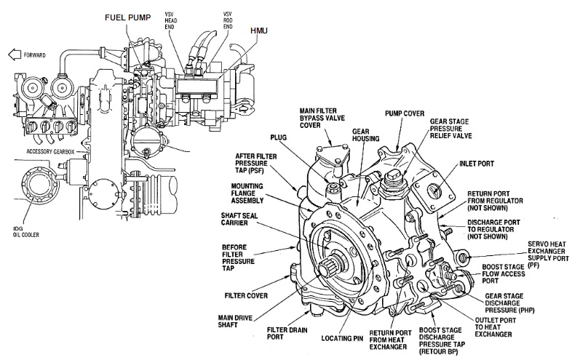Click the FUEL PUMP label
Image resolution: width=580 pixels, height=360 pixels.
[x=127, y=17]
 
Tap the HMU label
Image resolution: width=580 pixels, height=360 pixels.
[x=259, y=31]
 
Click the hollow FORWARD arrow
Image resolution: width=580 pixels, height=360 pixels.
[x=15, y=55]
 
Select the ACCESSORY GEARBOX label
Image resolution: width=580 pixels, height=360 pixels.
[x=50, y=151]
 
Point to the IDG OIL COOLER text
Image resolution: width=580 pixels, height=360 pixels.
[x=26, y=232]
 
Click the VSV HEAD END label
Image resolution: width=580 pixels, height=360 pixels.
[x=170, y=20]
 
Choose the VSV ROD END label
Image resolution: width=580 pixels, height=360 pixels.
[x=228, y=20]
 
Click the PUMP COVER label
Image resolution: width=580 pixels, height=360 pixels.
[x=405, y=113]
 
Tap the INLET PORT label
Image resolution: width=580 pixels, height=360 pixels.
[x=477, y=164]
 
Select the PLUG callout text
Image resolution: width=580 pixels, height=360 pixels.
[x=278, y=137]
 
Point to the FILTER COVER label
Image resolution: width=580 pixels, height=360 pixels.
[x=246, y=296]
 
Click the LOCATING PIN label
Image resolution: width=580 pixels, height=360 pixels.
[x=342, y=338]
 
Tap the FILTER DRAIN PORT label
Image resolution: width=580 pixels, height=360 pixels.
[x=287, y=333]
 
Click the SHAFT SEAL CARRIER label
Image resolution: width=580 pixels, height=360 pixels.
[x=239, y=219]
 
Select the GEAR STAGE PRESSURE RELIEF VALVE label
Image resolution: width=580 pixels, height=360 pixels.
[x=450, y=128]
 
